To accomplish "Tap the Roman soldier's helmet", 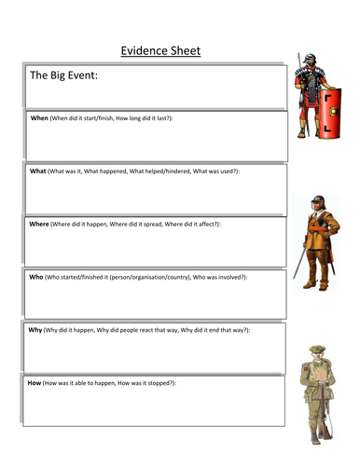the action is click(x=309, y=62).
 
